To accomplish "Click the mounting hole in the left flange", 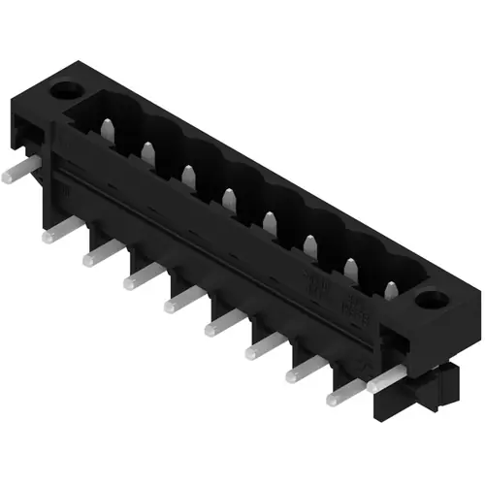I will click(x=72, y=93).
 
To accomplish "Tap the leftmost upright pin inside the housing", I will click(x=110, y=127).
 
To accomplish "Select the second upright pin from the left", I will click(x=148, y=151).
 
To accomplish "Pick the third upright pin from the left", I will click(x=188, y=176).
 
